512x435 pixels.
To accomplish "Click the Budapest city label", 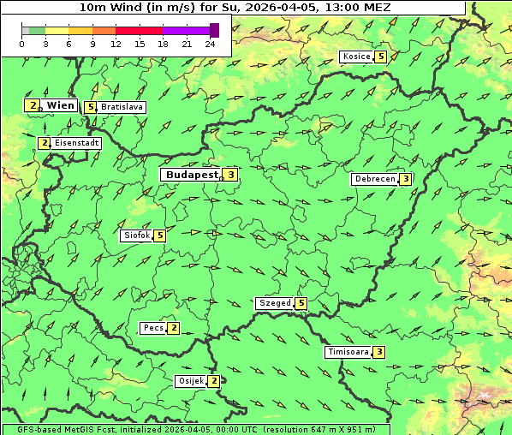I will pyautogui.click(x=192, y=175).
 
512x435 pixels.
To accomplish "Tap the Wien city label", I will pyautogui.click(x=60, y=105).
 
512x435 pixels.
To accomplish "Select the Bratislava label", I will pyautogui.click(x=121, y=107).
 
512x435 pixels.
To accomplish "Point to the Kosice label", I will pyautogui.click(x=355, y=57).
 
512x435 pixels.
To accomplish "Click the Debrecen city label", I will pyautogui.click(x=374, y=179).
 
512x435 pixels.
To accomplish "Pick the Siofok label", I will pyautogui.click(x=136, y=235).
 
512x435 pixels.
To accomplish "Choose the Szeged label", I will pyautogui.click(x=275, y=303).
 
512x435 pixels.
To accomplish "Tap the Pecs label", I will pyautogui.click(x=153, y=328).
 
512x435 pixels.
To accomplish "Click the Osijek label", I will pyautogui.click(x=190, y=381).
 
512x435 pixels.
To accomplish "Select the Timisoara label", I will pyautogui.click(x=348, y=352).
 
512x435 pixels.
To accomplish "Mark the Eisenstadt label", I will pyautogui.click(x=77, y=143).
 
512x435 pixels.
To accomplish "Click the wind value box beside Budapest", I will pyautogui.click(x=230, y=175).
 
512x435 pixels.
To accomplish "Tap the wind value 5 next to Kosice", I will pyautogui.click(x=380, y=57).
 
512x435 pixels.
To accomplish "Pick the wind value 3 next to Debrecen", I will pyautogui.click(x=405, y=179).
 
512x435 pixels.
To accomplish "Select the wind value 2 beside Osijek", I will pyautogui.click(x=213, y=381).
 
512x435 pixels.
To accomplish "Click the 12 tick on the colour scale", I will pyautogui.click(x=116, y=43).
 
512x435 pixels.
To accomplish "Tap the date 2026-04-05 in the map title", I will pyautogui.click(x=284, y=7).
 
